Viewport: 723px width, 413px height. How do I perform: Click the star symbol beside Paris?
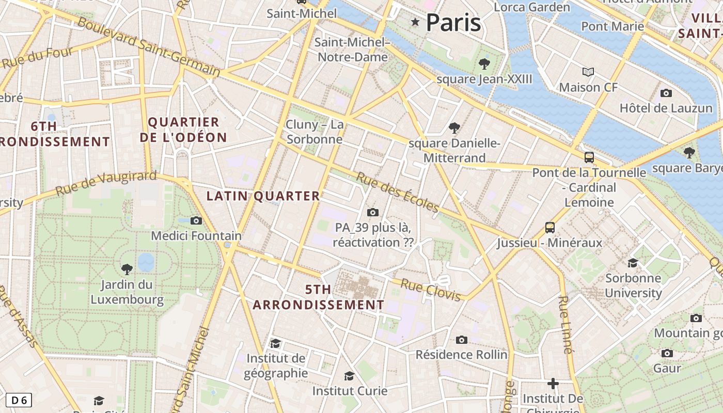click(x=415, y=22)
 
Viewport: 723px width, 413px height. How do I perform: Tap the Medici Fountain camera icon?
click(x=196, y=221)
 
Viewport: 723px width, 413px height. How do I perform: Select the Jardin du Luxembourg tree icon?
click(x=127, y=269)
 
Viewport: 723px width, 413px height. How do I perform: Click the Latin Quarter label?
click(x=263, y=196)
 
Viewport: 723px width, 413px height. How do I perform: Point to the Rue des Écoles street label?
click(x=398, y=192)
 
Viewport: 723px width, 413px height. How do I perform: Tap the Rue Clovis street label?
click(x=430, y=290)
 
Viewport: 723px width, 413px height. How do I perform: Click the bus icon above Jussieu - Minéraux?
click(x=550, y=228)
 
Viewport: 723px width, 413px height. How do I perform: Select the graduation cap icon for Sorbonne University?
click(x=633, y=263)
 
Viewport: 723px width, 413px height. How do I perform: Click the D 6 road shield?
click(x=19, y=400)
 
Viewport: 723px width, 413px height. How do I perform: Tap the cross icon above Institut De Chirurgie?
click(x=553, y=384)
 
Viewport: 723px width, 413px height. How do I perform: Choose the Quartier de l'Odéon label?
click(x=183, y=130)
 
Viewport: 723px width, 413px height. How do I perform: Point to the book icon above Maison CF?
click(x=588, y=72)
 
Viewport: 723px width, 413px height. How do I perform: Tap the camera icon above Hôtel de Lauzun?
click(x=666, y=93)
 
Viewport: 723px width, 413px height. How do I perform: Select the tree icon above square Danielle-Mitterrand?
click(x=454, y=128)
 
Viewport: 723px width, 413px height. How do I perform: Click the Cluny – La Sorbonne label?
click(x=315, y=132)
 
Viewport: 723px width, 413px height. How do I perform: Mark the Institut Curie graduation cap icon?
click(x=350, y=376)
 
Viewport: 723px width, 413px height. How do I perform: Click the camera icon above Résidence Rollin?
click(x=462, y=340)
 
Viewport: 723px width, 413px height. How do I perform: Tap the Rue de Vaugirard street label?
click(x=106, y=183)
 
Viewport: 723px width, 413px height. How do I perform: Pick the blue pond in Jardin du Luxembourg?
click(x=146, y=262)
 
